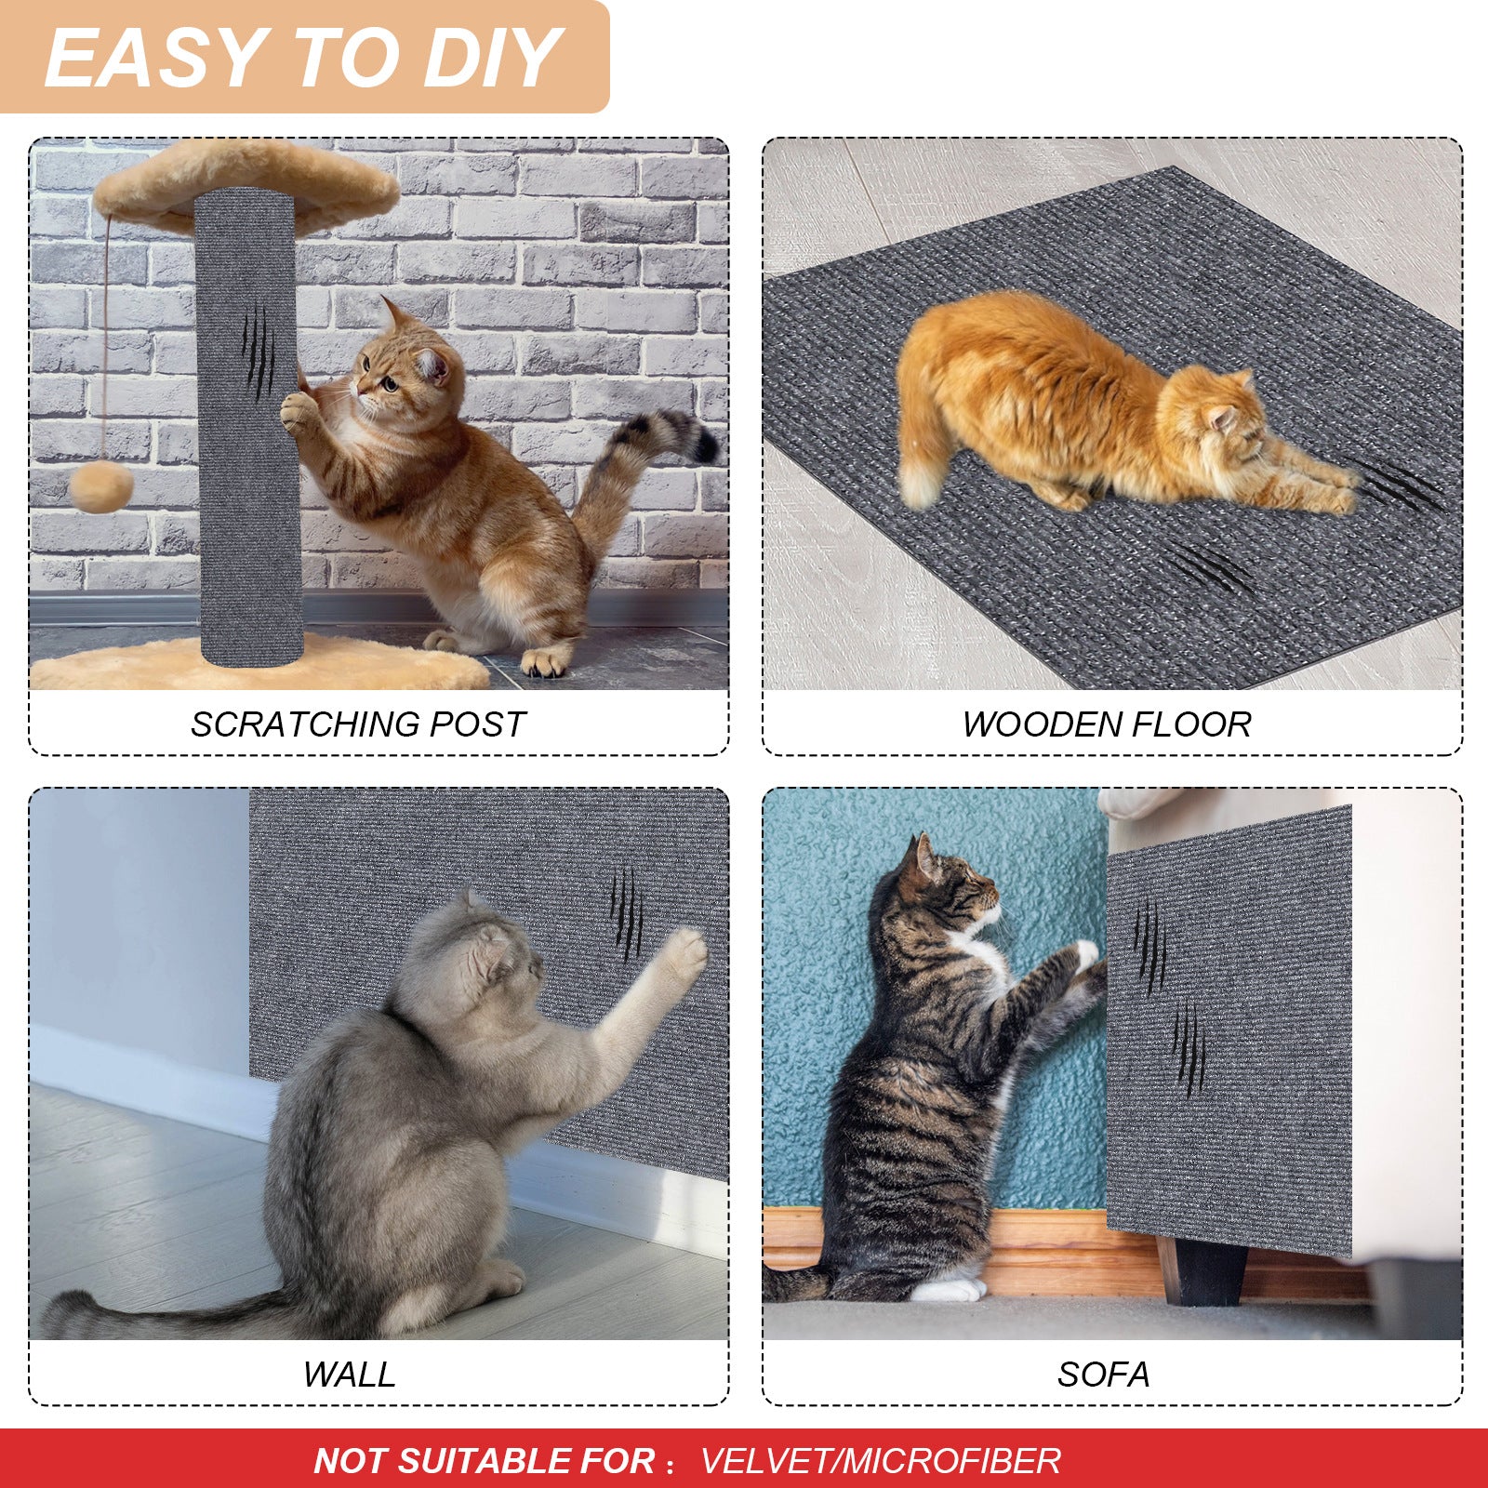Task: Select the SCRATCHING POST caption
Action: click(358, 724)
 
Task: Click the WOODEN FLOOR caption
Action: click(1106, 724)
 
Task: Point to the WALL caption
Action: click(349, 1375)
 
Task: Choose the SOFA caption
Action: click(1103, 1375)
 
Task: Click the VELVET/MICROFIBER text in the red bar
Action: click(880, 1461)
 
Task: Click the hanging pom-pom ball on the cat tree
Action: click(101, 487)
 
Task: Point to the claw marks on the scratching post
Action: click(258, 352)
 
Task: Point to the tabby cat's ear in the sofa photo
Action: click(924, 856)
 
